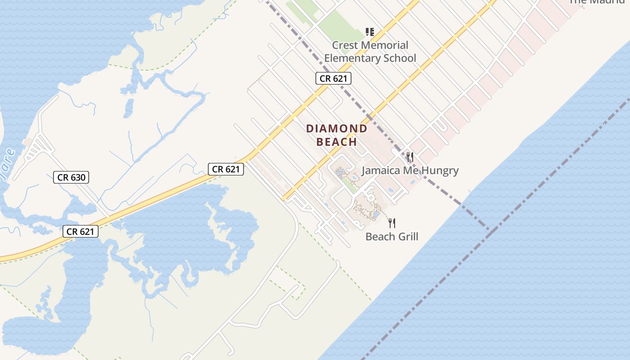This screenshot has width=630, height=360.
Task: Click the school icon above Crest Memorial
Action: [x=369, y=32]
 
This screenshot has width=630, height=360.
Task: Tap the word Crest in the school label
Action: [x=345, y=45]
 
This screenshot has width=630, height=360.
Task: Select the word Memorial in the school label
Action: [x=385, y=45]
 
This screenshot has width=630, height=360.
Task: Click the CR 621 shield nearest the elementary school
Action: [x=333, y=78]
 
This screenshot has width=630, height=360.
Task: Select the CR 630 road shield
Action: [x=71, y=177]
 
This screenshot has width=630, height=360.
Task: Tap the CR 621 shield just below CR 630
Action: [x=81, y=231]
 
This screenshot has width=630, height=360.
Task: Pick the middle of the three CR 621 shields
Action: [x=226, y=169]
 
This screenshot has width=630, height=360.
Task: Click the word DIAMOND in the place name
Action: [x=337, y=129]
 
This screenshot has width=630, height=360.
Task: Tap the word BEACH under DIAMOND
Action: [x=337, y=142]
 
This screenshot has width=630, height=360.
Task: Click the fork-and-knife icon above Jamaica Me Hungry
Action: [x=409, y=157]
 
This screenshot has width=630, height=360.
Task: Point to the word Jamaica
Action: [x=381, y=171]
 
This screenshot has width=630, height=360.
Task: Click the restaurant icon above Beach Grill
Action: [x=392, y=223]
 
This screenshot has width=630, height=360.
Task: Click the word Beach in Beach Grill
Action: [x=379, y=237]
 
